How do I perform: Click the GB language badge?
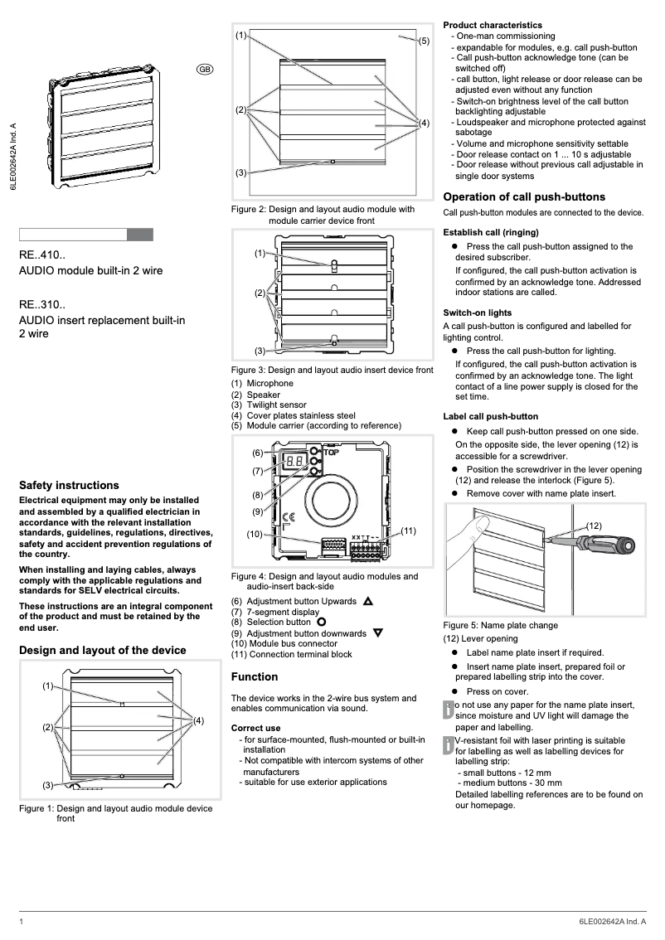pyautogui.click(x=205, y=69)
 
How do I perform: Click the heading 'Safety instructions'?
pyautogui.click(x=69, y=486)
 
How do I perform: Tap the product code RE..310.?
pyautogui.click(x=48, y=305)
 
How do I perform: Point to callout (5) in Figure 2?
pyautogui.click(x=423, y=41)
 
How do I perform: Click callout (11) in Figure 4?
pyautogui.click(x=408, y=530)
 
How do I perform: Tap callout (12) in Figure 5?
pyautogui.click(x=594, y=526)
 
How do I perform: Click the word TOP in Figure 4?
pyautogui.click(x=331, y=453)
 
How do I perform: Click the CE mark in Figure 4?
pyautogui.click(x=290, y=518)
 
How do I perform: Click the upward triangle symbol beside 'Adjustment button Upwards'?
pyautogui.click(x=368, y=601)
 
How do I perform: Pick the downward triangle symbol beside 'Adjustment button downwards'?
pyautogui.click(x=378, y=633)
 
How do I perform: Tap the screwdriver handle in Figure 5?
pyautogui.click(x=609, y=546)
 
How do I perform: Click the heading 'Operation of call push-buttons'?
pyautogui.click(x=524, y=197)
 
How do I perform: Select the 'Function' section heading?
pyautogui.click(x=255, y=677)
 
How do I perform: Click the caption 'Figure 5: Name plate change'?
pyautogui.click(x=501, y=625)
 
